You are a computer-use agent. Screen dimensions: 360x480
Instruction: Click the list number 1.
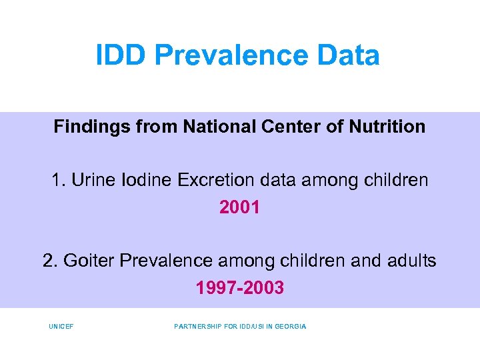point(57,181)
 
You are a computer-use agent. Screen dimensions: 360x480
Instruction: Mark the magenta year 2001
point(239,207)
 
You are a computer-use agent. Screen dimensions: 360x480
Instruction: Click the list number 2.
point(49,261)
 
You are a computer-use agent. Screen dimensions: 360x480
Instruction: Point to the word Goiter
point(89,261)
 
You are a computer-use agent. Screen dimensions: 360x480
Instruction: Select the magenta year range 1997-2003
point(239,288)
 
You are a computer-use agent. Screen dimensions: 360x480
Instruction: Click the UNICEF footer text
point(61,327)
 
